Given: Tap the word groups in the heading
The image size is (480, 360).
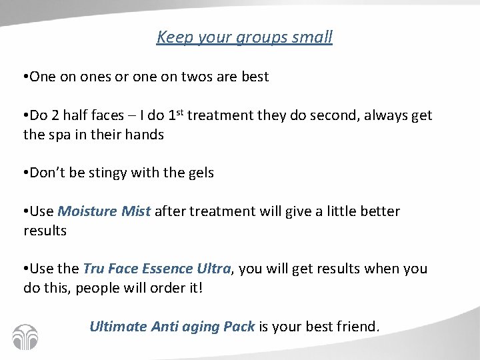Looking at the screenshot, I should click(257, 38).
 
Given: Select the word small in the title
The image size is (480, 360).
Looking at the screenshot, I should click(311, 37).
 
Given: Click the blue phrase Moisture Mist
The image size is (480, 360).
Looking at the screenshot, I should click(105, 211).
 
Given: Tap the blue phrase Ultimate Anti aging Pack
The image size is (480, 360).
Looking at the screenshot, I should click(172, 327).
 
